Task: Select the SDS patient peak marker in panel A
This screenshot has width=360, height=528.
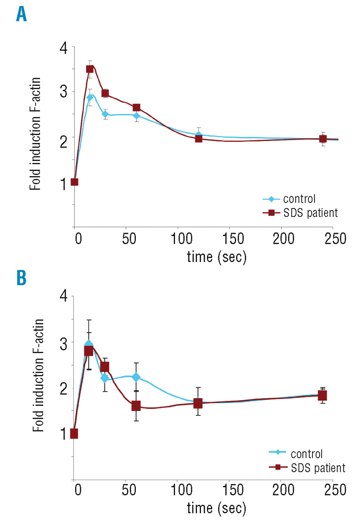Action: click(x=90, y=69)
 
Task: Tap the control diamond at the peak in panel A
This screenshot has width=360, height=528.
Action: click(x=90, y=98)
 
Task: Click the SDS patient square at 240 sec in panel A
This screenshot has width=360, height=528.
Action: click(x=323, y=139)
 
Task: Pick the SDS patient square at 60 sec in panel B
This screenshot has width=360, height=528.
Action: click(x=136, y=406)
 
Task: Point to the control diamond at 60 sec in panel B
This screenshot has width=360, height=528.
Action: click(x=136, y=377)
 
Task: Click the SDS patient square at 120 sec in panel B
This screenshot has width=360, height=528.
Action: click(x=198, y=403)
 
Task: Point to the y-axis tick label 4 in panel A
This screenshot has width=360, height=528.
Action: click(x=63, y=48)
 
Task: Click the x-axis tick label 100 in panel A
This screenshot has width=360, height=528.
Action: click(x=178, y=239)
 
